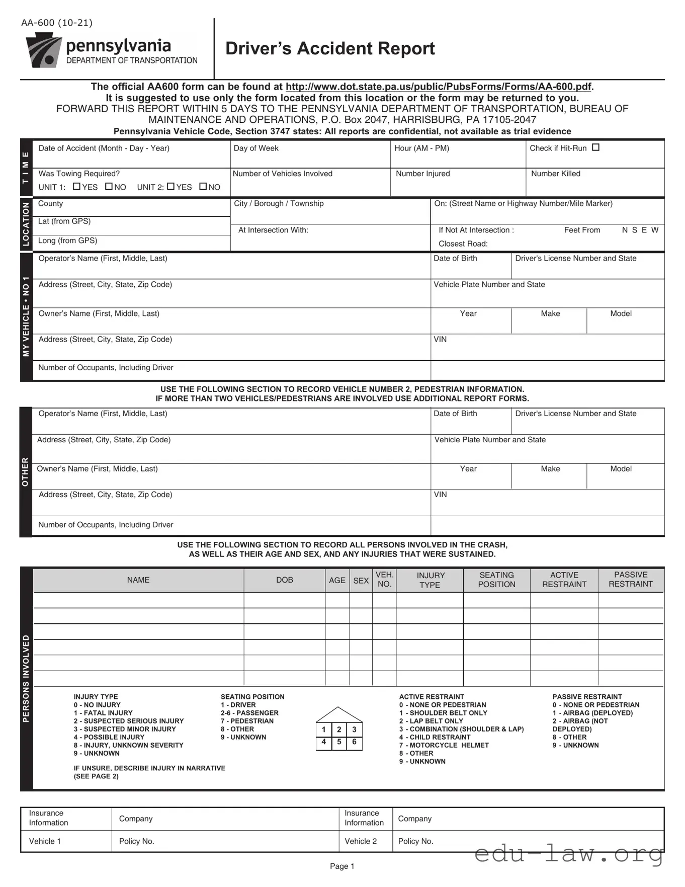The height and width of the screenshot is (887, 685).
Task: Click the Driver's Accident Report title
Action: (330, 49)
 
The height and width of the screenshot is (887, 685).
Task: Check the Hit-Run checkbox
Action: (595, 147)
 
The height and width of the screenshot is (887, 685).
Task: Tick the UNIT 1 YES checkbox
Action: (76, 187)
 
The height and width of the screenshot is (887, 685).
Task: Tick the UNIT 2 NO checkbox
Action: (203, 187)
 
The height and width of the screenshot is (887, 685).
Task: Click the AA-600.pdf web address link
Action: (439, 87)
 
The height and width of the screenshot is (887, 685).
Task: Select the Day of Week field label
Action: (256, 148)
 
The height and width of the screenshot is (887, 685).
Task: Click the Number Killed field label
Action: (555, 174)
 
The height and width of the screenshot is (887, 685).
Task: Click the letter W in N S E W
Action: (654, 230)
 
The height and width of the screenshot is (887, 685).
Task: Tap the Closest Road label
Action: (463, 244)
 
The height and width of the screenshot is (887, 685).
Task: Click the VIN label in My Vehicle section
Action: (440, 340)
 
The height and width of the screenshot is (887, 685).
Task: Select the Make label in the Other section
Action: (550, 469)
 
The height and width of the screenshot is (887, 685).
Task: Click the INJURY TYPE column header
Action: (430, 580)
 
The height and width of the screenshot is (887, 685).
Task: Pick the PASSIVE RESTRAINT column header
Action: (631, 580)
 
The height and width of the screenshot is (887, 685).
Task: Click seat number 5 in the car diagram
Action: (339, 742)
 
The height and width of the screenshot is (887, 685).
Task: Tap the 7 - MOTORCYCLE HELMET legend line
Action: (444, 745)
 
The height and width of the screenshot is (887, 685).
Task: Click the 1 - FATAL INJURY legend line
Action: (103, 713)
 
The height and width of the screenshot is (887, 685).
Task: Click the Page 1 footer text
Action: (342, 866)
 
